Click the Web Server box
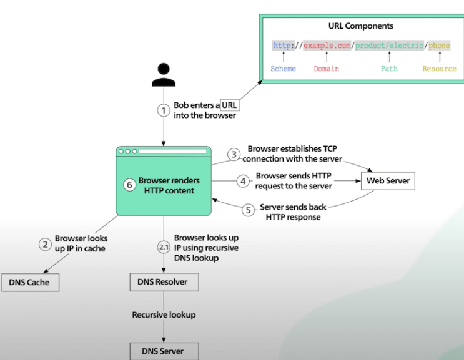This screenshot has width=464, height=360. click(387, 181)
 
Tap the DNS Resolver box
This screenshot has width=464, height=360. click(162, 282)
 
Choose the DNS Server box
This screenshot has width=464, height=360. click(164, 351)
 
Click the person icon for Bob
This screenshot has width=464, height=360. click(163, 75)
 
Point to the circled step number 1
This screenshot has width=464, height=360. click(164, 110)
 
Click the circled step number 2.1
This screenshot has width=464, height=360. click(164, 247)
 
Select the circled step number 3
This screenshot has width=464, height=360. click(234, 154)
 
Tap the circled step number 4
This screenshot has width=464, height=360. click(243, 182)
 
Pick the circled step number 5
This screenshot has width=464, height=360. click(248, 211)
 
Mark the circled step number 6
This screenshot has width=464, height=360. click(129, 185)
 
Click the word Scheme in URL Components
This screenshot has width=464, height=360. click(283, 69)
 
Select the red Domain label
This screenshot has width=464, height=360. click(326, 69)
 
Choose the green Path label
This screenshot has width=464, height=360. click(389, 69)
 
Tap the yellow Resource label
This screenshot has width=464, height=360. click(439, 69)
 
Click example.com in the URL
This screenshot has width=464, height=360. click(327, 46)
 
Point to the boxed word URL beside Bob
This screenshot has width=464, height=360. click(229, 105)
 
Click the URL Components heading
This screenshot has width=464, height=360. click(361, 26)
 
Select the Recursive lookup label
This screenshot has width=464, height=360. click(164, 315)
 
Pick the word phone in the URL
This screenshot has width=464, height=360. click(439, 46)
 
